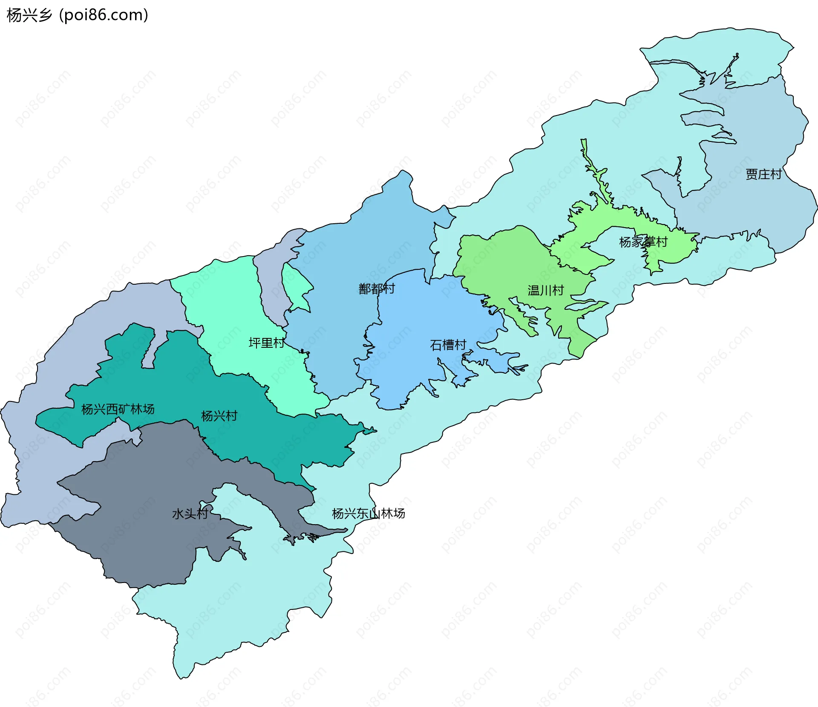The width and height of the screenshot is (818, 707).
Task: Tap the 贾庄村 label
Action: click(x=763, y=174)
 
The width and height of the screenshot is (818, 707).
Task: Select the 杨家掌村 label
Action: click(x=643, y=242)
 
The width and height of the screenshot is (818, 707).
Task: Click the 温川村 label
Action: click(x=546, y=291)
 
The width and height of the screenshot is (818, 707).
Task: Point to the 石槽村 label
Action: click(x=448, y=345)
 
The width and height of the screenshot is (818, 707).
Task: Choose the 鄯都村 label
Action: click(x=377, y=289)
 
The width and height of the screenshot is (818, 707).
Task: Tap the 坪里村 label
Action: click(x=267, y=343)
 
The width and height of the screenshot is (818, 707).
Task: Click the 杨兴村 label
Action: click(x=219, y=416)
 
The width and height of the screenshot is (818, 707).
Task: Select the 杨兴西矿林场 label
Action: click(x=118, y=409)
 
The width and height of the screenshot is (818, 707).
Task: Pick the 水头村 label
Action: click(x=190, y=514)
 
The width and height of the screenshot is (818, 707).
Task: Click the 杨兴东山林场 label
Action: click(x=368, y=514)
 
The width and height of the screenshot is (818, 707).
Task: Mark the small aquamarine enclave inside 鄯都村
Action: click(x=297, y=286)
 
